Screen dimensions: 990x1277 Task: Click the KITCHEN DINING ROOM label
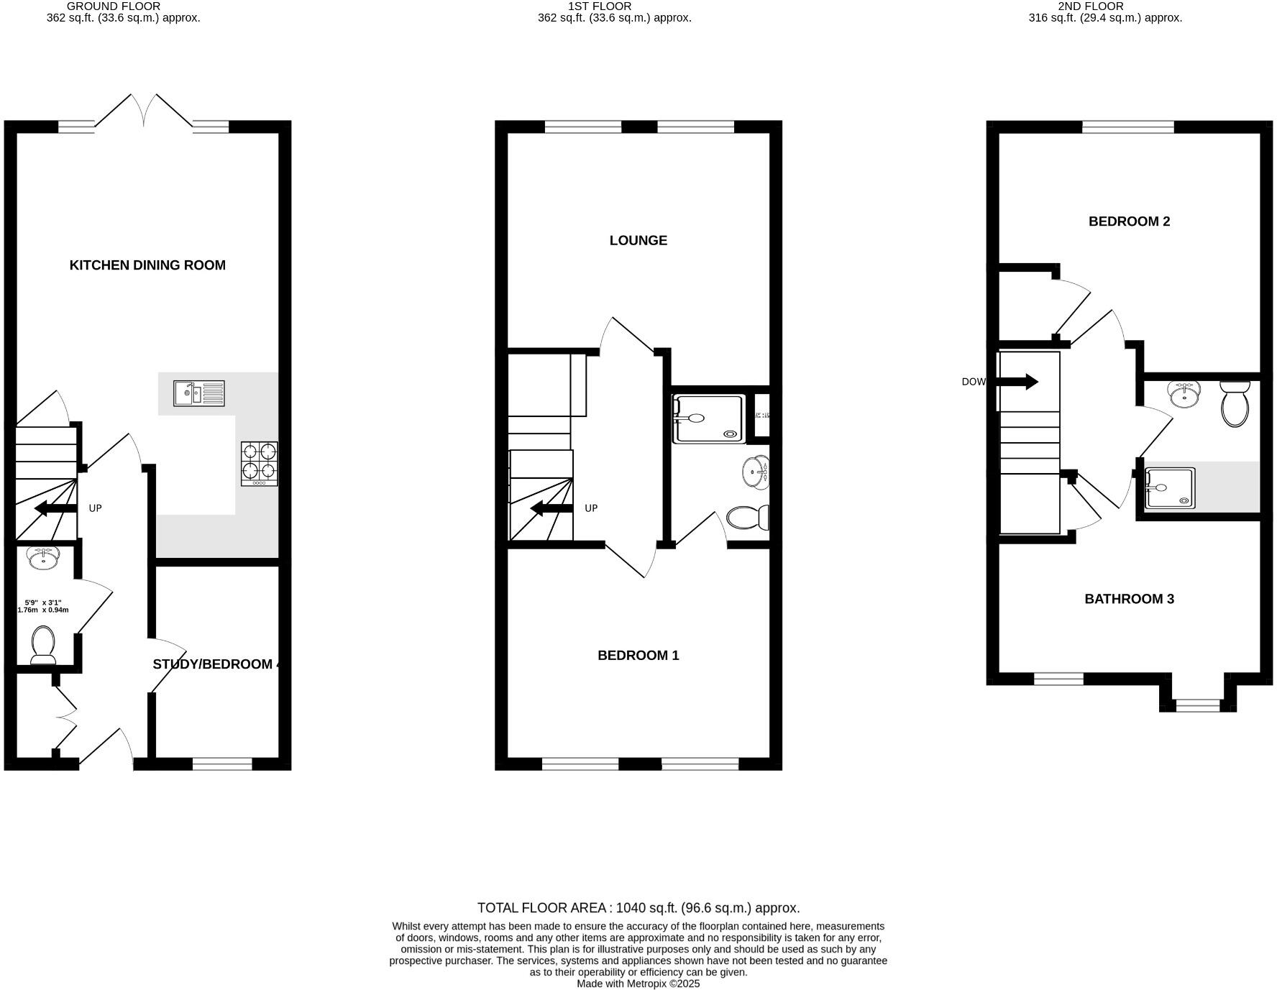[x=147, y=265]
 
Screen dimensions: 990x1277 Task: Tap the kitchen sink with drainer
[x=199, y=393]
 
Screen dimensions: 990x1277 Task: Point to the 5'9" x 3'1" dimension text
[x=43, y=606]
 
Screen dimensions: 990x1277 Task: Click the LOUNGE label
[x=638, y=241]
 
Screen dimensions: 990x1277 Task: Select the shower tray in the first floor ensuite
[x=708, y=419]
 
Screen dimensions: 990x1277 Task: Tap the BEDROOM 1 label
[x=638, y=656]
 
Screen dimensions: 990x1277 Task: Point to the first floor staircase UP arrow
[x=551, y=509]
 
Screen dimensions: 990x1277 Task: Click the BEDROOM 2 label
[x=1129, y=221]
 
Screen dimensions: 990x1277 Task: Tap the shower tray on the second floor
[x=1169, y=488]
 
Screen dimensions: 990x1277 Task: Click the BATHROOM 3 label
[x=1129, y=599]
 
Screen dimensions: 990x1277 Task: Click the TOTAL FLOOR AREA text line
[x=638, y=908]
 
